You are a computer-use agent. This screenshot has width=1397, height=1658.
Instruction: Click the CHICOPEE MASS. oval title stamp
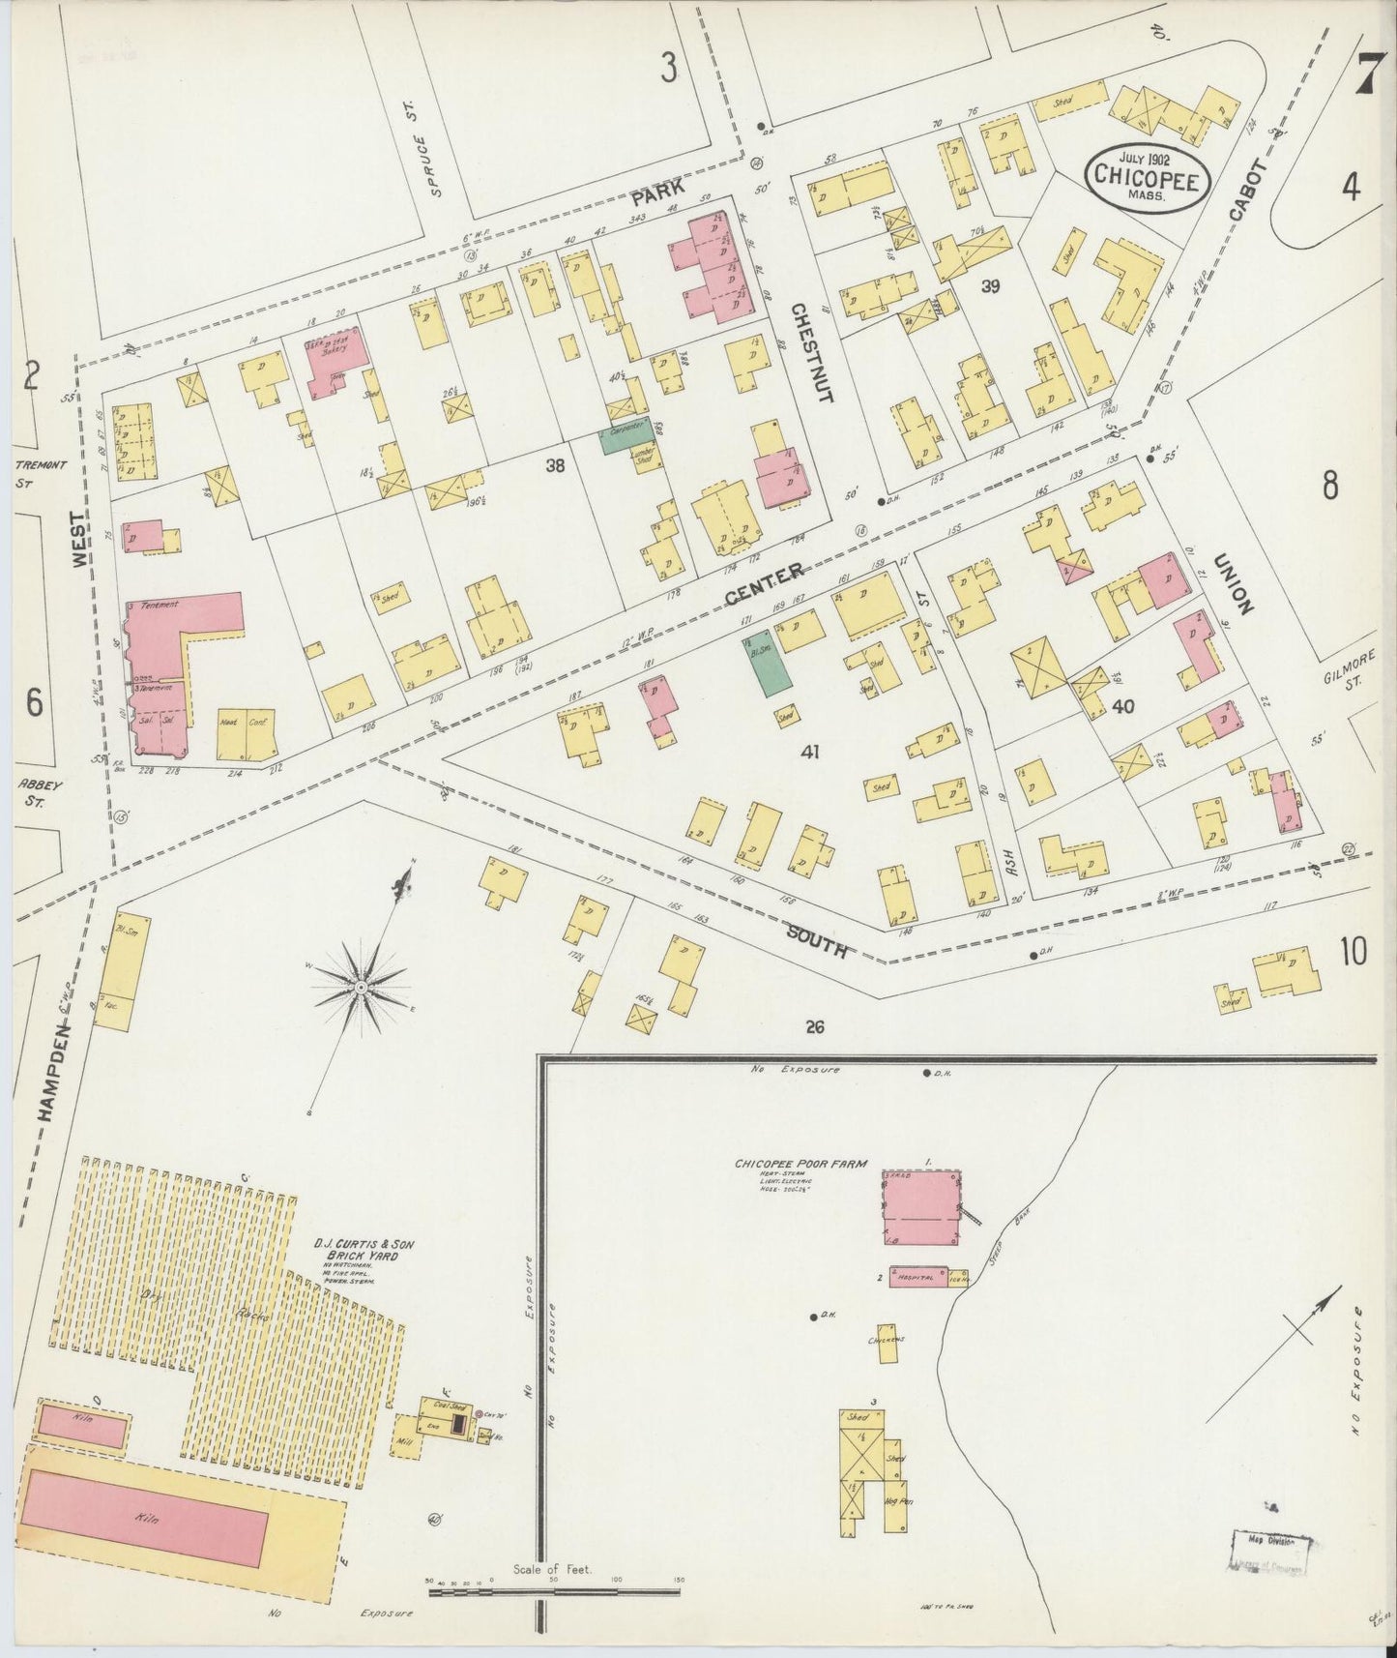point(1147,178)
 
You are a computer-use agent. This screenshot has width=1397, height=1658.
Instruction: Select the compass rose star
point(361,987)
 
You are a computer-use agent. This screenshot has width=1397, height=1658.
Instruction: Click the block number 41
point(808,751)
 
